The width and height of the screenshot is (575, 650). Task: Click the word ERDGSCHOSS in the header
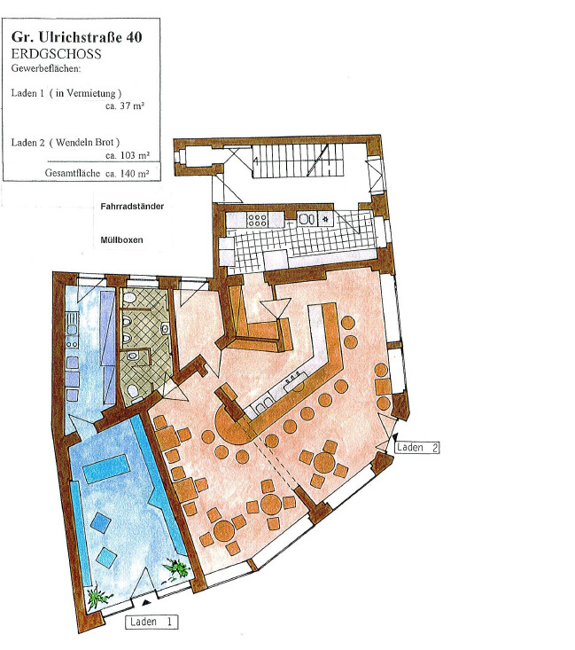[55, 54]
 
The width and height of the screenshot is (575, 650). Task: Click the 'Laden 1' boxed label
[152, 622]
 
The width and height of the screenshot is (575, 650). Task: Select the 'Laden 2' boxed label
[418, 449]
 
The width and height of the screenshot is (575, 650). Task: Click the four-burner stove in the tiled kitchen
[257, 219]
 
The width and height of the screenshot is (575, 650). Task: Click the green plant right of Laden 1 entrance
[175, 566]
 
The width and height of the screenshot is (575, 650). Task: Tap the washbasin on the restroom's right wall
[165, 329]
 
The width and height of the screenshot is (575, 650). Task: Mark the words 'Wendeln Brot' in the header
[88, 142]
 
